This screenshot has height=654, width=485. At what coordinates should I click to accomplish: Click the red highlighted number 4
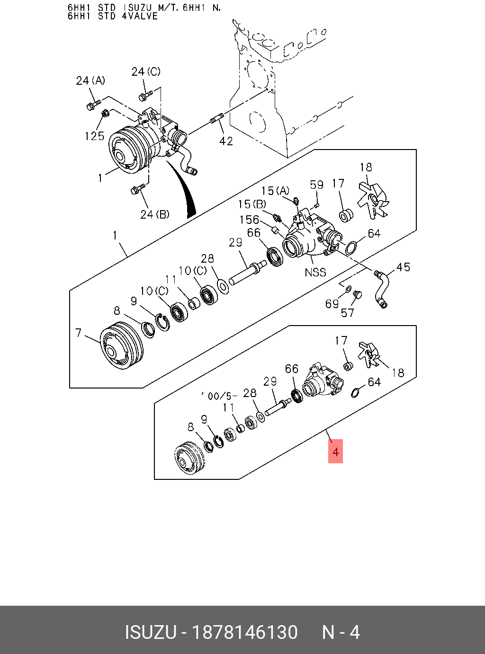coord(335,451)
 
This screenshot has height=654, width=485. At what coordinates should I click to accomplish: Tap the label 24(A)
coord(90,81)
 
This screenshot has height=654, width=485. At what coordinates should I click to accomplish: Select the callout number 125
coord(94,136)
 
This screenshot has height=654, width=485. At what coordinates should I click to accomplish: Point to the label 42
coord(226,141)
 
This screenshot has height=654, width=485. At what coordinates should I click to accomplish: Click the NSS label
coord(315,272)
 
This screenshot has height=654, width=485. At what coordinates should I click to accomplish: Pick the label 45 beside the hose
coord(403,267)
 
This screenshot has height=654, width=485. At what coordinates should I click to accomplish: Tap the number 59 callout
coord(317,185)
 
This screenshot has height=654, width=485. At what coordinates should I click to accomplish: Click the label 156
coord(249,220)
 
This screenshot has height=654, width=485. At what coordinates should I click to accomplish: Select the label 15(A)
coord(275,191)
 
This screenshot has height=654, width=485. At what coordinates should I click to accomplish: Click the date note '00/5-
coord(219,396)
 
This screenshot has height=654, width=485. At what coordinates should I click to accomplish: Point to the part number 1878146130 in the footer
coord(244,632)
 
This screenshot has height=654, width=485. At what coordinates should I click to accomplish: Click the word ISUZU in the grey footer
coord(150,632)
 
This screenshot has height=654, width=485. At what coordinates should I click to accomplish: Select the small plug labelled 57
coord(358,295)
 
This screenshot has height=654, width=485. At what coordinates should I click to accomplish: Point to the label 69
coord(332,304)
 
